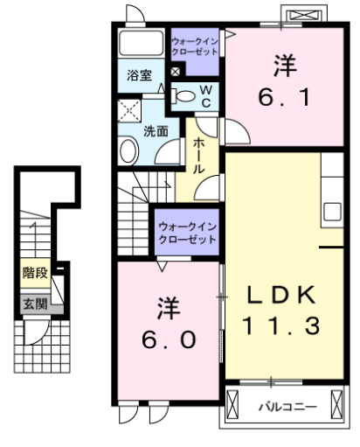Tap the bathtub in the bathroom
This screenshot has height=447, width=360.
[141, 45]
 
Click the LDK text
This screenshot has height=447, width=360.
[280, 295]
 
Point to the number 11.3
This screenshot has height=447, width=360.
[280, 326]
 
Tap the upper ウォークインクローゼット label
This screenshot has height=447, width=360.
[196, 46]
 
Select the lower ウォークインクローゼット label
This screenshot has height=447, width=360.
[187, 233]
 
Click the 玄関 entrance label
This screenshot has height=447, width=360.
[35, 304]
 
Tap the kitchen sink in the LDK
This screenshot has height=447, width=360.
[333, 212]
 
